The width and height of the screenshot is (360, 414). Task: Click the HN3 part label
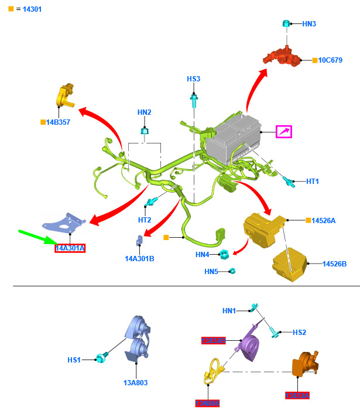point(309,24)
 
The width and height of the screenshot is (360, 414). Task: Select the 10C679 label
point(332,60)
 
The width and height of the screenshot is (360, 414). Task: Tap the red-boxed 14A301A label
point(70,248)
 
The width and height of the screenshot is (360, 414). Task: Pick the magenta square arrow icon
point(284,132)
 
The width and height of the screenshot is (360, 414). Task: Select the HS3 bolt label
point(193,79)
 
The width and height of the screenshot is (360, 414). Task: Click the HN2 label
point(144,112)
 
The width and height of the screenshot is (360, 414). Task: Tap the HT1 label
point(313,182)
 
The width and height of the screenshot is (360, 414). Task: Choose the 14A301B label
point(139,258)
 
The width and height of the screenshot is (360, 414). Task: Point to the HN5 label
point(211,271)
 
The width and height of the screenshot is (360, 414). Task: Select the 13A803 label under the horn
point(135,382)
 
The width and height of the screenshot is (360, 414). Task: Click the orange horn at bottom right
point(306,363)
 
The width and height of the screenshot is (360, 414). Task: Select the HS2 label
point(299,332)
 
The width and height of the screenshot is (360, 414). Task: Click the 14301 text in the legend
point(29,9)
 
